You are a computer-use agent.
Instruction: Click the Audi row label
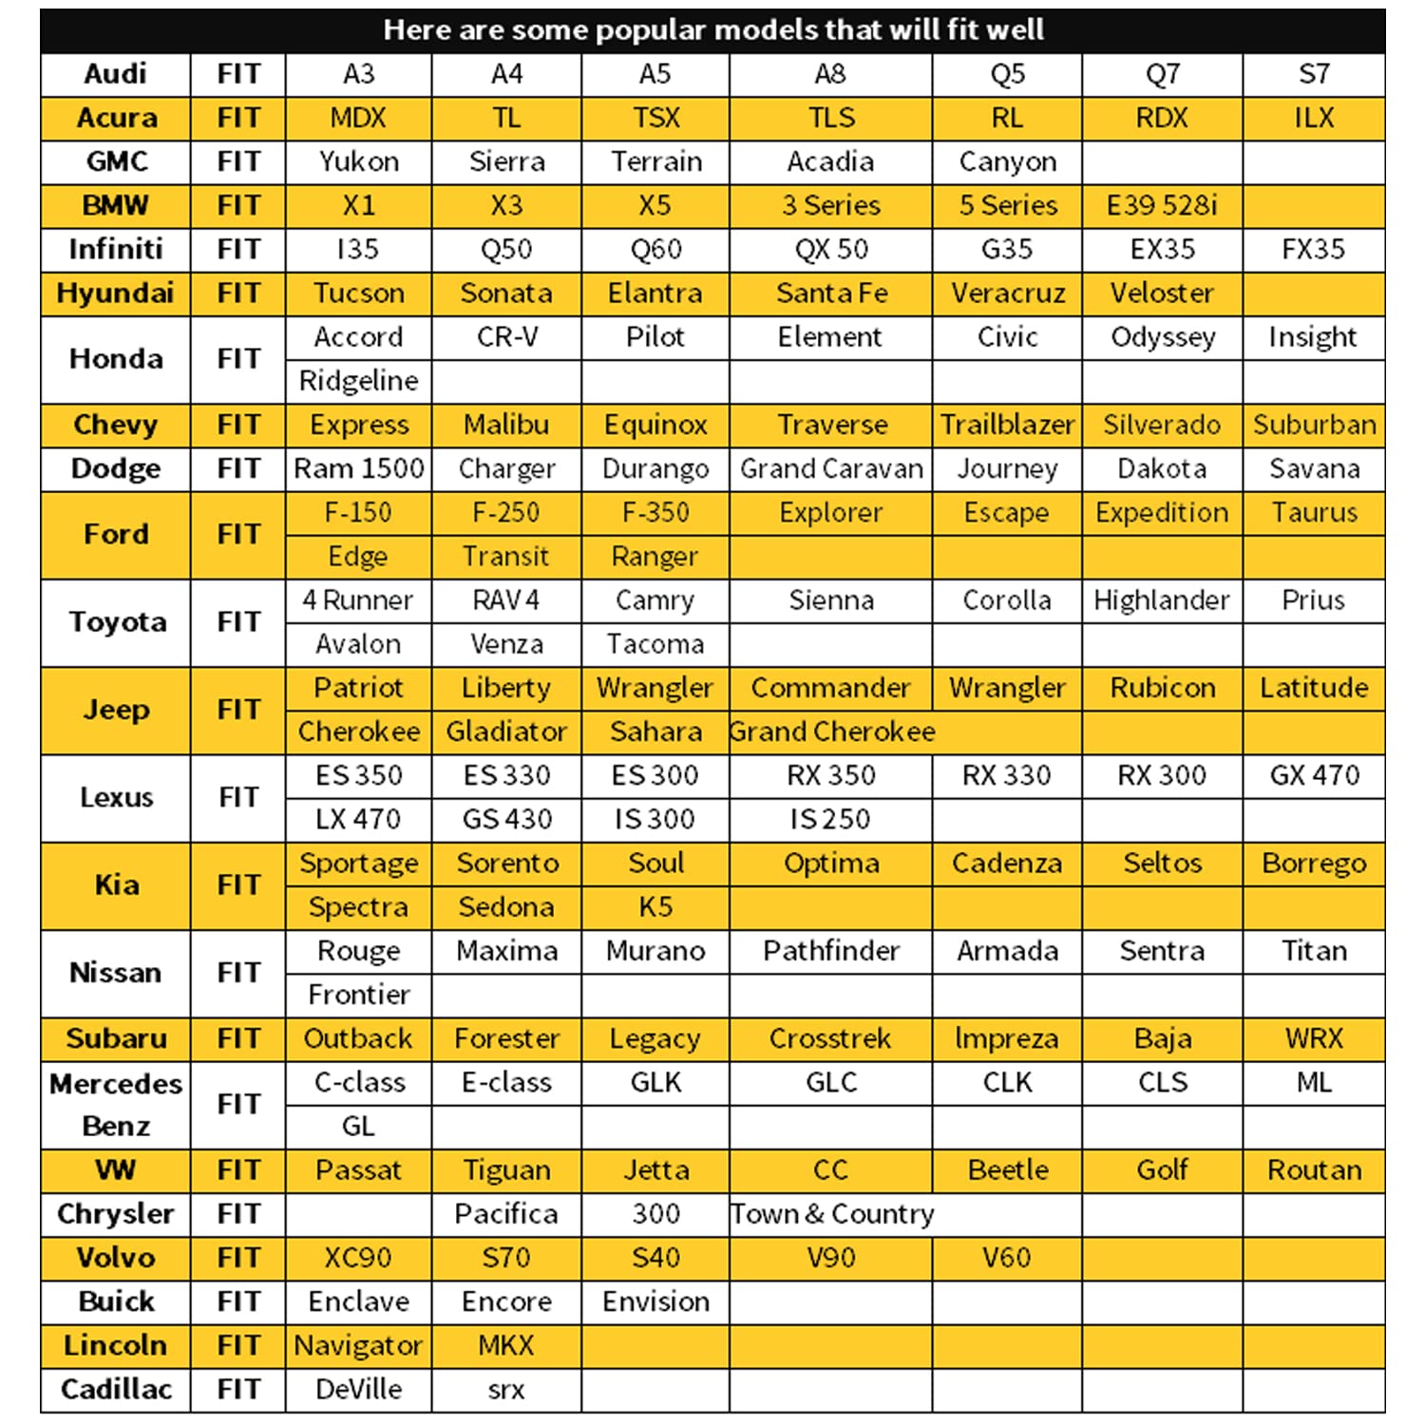coord(115,74)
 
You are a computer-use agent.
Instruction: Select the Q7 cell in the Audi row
coord(1162,74)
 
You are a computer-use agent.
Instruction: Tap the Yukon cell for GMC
coord(358,162)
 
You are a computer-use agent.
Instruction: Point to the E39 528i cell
coord(1162,206)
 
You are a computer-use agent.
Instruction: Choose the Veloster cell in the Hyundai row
coord(1162,294)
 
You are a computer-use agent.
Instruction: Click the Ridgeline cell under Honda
coord(358,381)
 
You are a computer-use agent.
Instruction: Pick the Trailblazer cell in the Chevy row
coord(1007,425)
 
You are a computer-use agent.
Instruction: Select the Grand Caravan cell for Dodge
coord(831,469)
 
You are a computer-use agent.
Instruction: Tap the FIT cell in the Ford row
coord(237,535)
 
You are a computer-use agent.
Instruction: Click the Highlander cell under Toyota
coord(1162,600)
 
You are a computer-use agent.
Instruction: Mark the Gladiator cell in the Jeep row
coord(506,731)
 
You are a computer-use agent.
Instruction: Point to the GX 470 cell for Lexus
coord(1314,775)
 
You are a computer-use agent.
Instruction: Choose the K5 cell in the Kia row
coord(655,907)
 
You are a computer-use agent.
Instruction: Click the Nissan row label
coord(115,973)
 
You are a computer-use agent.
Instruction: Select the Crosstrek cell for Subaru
coord(831,1038)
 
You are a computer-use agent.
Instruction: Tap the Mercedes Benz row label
coord(115,1104)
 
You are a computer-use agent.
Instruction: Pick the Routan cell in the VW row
coord(1314,1169)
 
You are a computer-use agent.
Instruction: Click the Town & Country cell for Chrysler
coord(831,1214)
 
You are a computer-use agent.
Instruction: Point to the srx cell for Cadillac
coord(506,1390)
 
